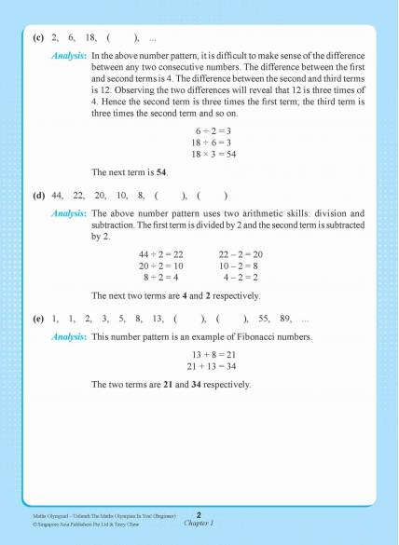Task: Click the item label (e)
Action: coord(37,319)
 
